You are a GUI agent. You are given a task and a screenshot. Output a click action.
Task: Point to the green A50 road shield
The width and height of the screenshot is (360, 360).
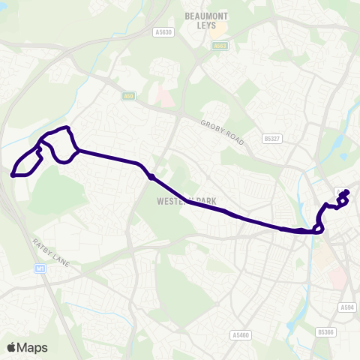pyautogui.click(x=128, y=96)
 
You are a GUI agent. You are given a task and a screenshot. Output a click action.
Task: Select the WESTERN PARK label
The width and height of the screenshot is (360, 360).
pyautogui.click(x=176, y=202)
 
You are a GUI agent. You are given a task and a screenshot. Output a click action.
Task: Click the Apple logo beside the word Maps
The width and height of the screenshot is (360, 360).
pyautogui.click(x=11, y=347)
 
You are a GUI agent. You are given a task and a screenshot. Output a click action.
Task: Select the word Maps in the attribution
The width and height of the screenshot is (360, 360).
pyautogui.click(x=32, y=347)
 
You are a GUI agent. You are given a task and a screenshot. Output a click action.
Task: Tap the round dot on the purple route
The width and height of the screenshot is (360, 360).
pyautogui.click(x=151, y=177)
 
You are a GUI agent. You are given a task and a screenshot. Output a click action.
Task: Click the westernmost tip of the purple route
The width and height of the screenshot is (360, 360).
pyautogui.click(x=13, y=175)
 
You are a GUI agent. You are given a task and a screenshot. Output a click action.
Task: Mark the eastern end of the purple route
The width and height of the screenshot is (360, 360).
pyautogui.click(x=346, y=193)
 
